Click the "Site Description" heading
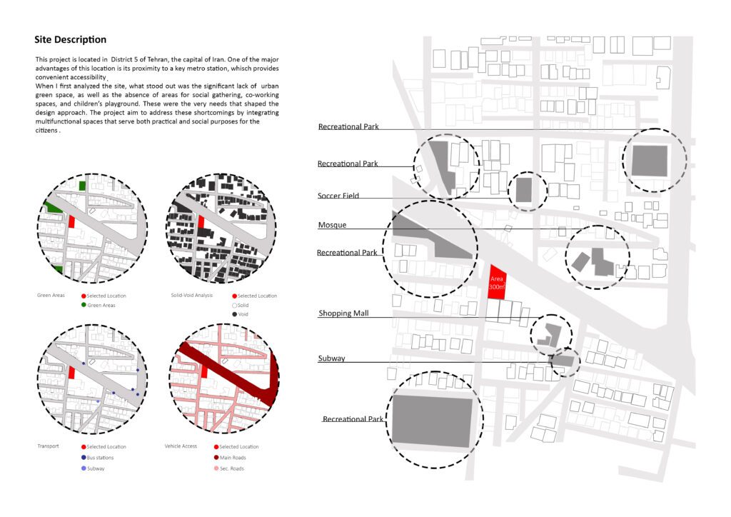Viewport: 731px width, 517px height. pyautogui.click(x=71, y=39)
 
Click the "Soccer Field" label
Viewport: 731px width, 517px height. pyautogui.click(x=338, y=196)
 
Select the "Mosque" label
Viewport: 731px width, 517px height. pyautogui.click(x=332, y=225)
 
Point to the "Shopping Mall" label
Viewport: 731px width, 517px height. pyautogui.click(x=343, y=313)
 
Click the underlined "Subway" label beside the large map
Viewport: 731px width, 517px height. pyautogui.click(x=331, y=358)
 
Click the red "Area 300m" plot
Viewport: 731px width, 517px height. pyautogui.click(x=497, y=283)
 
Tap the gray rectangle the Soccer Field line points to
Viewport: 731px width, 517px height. pyautogui.click(x=523, y=190)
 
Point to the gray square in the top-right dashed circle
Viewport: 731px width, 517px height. pyautogui.click(x=650, y=161)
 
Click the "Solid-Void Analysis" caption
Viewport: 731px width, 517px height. pyautogui.click(x=191, y=296)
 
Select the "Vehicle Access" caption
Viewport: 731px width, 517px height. pyautogui.click(x=181, y=446)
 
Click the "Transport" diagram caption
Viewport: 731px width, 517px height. pyautogui.click(x=48, y=446)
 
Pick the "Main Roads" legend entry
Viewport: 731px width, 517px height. pyautogui.click(x=230, y=458)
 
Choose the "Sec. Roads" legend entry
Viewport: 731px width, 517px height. pyautogui.click(x=229, y=468)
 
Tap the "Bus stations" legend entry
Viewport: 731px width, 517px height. pyautogui.click(x=97, y=458)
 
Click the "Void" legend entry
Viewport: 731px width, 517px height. pyautogui.click(x=240, y=314)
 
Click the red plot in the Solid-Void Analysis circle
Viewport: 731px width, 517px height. pyautogui.click(x=201, y=221)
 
